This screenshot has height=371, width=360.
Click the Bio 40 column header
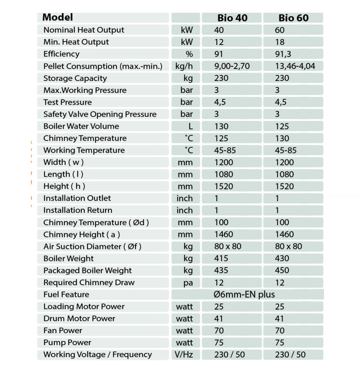[x=232, y=18]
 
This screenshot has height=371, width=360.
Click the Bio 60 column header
[x=293, y=18]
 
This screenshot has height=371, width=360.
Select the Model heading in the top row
[x=58, y=17]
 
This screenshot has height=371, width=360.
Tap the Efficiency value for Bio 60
[x=283, y=54]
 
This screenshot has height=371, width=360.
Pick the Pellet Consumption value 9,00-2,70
[x=232, y=66]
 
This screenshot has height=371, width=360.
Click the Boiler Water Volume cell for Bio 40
[x=221, y=126]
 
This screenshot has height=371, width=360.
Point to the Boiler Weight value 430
[x=282, y=258]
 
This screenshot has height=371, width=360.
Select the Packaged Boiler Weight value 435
[x=221, y=270]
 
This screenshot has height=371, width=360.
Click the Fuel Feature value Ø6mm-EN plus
[x=244, y=295]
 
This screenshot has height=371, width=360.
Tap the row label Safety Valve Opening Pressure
[x=100, y=114]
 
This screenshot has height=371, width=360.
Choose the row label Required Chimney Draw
[x=89, y=283]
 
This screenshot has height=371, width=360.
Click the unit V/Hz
[x=184, y=355]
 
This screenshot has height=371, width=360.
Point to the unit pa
[x=188, y=283]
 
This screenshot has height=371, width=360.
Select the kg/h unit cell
[x=184, y=66]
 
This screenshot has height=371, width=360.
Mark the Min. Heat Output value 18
[x=280, y=42]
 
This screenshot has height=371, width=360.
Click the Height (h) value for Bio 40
[x=224, y=186]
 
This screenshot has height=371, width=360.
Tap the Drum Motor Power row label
[x=79, y=319]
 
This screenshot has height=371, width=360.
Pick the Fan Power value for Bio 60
[x=280, y=331]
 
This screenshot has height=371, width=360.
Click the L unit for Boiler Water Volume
[x=190, y=126]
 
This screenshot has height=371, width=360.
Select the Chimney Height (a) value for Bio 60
[x=284, y=234]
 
